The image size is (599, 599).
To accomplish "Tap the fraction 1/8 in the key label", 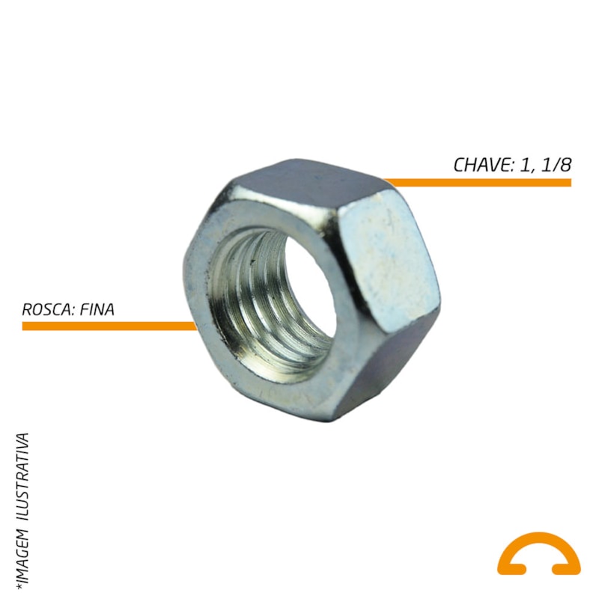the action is click(556, 165).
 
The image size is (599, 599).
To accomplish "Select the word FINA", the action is click(97, 309).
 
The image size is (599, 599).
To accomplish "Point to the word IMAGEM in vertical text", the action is click(23, 556).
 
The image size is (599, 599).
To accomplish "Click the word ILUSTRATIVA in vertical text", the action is click(23, 476).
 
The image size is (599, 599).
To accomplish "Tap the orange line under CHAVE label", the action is click(478, 183).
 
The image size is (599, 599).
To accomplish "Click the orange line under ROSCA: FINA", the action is click(109, 326).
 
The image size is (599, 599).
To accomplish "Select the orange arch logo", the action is click(538, 554).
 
